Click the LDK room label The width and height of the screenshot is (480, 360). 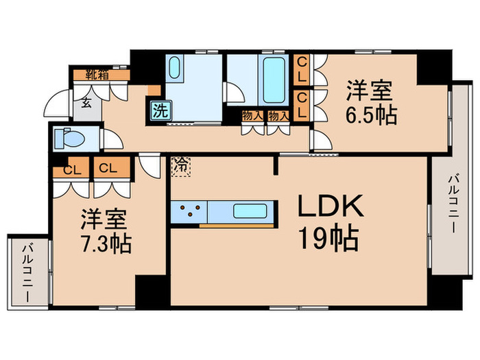(x=328, y=206)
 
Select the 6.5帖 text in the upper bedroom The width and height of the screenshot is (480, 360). (x=371, y=114)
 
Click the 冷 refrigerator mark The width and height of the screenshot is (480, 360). (x=180, y=165)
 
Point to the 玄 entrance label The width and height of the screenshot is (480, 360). (x=87, y=104)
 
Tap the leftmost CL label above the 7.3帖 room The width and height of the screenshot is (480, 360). (x=70, y=168)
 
